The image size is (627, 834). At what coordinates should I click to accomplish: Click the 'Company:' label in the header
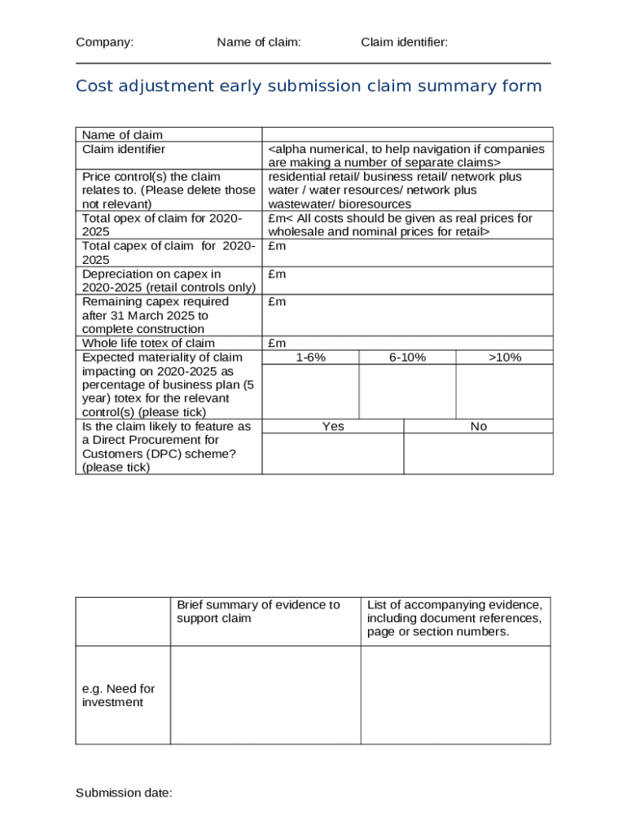[x=104, y=42]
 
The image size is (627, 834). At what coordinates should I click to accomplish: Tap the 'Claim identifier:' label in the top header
[x=404, y=42]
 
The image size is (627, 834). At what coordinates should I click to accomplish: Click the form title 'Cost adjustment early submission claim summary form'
[x=309, y=86]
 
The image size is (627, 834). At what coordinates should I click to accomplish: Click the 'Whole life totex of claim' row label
[x=148, y=343]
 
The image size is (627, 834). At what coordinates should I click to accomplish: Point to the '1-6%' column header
[x=310, y=358]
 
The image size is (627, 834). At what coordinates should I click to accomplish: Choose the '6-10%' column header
[x=407, y=358]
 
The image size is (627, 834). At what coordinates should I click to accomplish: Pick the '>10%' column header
[x=504, y=358]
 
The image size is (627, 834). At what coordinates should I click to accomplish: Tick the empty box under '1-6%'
[x=310, y=392]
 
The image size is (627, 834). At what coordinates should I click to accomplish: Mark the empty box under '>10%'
[x=504, y=392]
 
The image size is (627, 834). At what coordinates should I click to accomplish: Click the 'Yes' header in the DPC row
[x=333, y=427]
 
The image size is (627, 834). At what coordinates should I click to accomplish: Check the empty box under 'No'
[x=478, y=454]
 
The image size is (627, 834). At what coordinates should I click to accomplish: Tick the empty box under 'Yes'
[x=333, y=454]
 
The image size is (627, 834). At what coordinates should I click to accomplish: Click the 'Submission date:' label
[x=124, y=793]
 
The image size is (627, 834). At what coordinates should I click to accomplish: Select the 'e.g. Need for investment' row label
[x=118, y=696]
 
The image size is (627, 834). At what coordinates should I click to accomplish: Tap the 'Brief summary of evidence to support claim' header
[x=258, y=612]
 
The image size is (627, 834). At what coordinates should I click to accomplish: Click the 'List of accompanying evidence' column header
[x=454, y=618]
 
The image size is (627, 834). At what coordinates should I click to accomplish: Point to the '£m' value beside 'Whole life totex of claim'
[x=277, y=343]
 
